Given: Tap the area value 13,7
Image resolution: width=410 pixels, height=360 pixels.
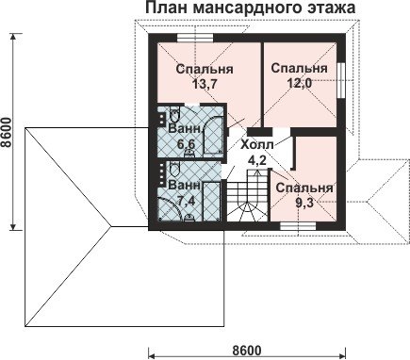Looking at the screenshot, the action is point(205,84).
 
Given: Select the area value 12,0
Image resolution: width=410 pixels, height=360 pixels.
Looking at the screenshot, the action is point(299,83).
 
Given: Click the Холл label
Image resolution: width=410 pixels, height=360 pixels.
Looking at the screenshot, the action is point(257,144).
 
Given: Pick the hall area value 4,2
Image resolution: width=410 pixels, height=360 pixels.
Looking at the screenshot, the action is point(257,160).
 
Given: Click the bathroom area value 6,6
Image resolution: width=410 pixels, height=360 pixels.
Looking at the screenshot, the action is point(186,144).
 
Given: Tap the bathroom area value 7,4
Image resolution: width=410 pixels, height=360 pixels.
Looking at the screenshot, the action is point(186,201).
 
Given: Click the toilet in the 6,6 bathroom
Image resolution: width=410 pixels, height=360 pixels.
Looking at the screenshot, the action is point(174,114).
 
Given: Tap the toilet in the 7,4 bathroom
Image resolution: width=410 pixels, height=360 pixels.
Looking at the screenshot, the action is point(174,170).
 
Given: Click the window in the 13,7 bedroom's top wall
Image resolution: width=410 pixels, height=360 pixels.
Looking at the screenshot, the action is point(195,38).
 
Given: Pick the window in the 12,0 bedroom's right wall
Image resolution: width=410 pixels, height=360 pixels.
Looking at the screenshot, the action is point(340,80).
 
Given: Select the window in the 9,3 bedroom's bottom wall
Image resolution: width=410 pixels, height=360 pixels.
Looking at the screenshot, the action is point(297,226).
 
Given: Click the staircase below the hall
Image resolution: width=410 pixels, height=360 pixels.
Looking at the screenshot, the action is point(248,196).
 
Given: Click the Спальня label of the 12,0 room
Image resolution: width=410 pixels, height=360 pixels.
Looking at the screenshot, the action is point(299,68).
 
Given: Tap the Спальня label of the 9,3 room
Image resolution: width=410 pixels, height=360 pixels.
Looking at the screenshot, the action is point(304,188).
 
